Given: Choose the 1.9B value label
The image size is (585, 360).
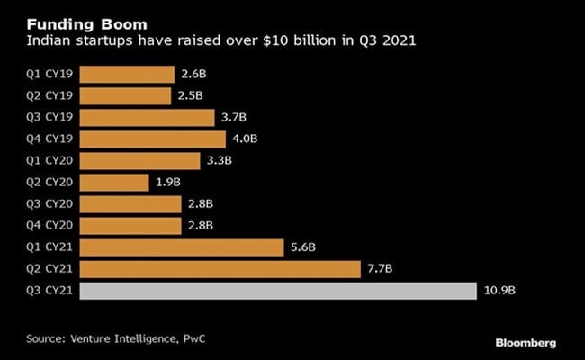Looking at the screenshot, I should click(168, 183).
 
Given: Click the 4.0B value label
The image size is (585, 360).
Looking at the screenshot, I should click(244, 139).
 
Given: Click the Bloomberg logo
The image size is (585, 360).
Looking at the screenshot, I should click(525, 343).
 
